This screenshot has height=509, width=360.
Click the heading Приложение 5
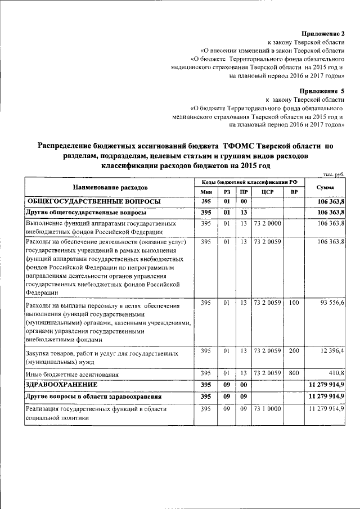[325, 91]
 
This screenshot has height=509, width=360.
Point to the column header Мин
[206, 192]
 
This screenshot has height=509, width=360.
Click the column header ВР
[293, 192]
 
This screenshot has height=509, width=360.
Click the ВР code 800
[293, 373]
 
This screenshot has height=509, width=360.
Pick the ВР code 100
[293, 303]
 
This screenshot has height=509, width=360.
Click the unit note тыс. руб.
[332, 174]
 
